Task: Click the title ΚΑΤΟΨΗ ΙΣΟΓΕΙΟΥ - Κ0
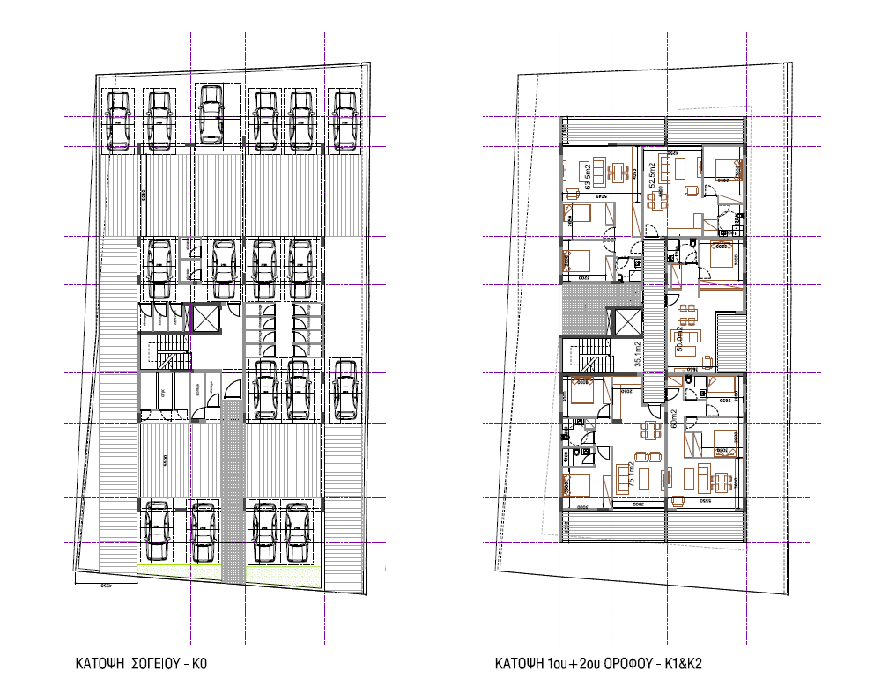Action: click(141, 663)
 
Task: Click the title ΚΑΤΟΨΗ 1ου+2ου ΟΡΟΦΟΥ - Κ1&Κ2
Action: click(604, 663)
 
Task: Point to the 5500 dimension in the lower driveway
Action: click(165, 459)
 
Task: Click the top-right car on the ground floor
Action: click(343, 121)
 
